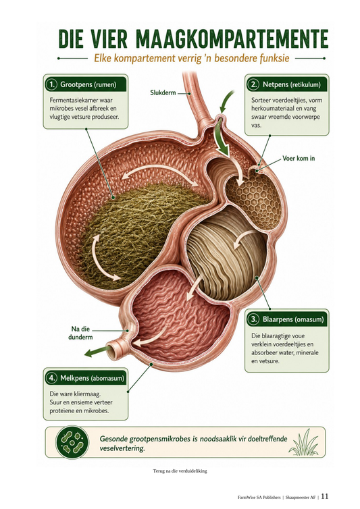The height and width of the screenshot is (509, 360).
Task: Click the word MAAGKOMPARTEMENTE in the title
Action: click(232, 39)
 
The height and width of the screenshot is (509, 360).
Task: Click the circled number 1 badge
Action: click(51, 85)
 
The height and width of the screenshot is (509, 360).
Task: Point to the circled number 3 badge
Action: click(253, 319)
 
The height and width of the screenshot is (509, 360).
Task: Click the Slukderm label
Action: click(163, 92)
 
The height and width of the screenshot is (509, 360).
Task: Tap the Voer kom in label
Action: click(299, 159)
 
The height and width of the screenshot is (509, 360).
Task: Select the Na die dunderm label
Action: click(80, 333)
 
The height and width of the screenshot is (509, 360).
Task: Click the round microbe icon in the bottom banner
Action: click(72, 442)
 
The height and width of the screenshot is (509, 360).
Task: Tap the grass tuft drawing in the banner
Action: click(304, 443)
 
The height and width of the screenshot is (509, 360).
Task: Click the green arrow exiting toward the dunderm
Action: click(97, 352)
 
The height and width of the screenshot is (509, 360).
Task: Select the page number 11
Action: click(325, 496)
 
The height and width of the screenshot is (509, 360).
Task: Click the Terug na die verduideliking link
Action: click(180, 471)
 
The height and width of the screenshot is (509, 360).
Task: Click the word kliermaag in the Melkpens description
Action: click(88, 394)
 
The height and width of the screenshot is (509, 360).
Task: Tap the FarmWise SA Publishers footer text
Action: click(259, 498)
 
